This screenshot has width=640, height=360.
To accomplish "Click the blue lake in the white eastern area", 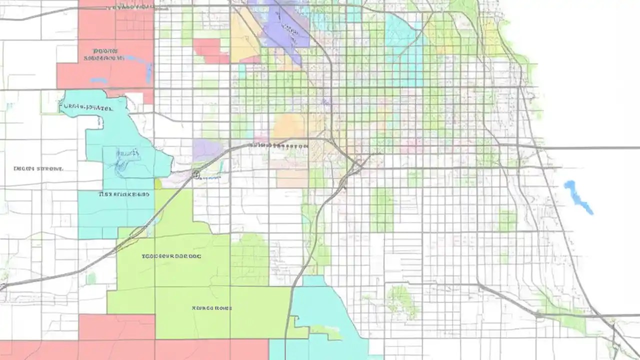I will [577, 197].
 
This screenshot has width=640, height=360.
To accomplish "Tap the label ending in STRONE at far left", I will [38, 169].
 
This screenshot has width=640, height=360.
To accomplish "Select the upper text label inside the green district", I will [171, 256].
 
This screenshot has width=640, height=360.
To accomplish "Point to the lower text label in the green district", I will [211, 308].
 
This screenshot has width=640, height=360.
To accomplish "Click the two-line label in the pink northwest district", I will [103, 54].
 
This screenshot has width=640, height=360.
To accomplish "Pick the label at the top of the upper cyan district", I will [87, 106].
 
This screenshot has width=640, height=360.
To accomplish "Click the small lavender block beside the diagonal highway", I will [206, 149].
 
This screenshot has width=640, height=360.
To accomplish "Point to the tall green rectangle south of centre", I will [381, 210].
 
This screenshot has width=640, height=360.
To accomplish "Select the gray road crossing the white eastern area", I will [590, 148].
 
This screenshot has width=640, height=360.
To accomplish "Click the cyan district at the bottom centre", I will [320, 320].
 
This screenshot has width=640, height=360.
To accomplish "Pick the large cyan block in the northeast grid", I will [404, 50].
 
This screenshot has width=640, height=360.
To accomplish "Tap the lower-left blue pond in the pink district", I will [98, 80].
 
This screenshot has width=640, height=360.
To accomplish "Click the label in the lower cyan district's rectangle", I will [124, 194].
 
